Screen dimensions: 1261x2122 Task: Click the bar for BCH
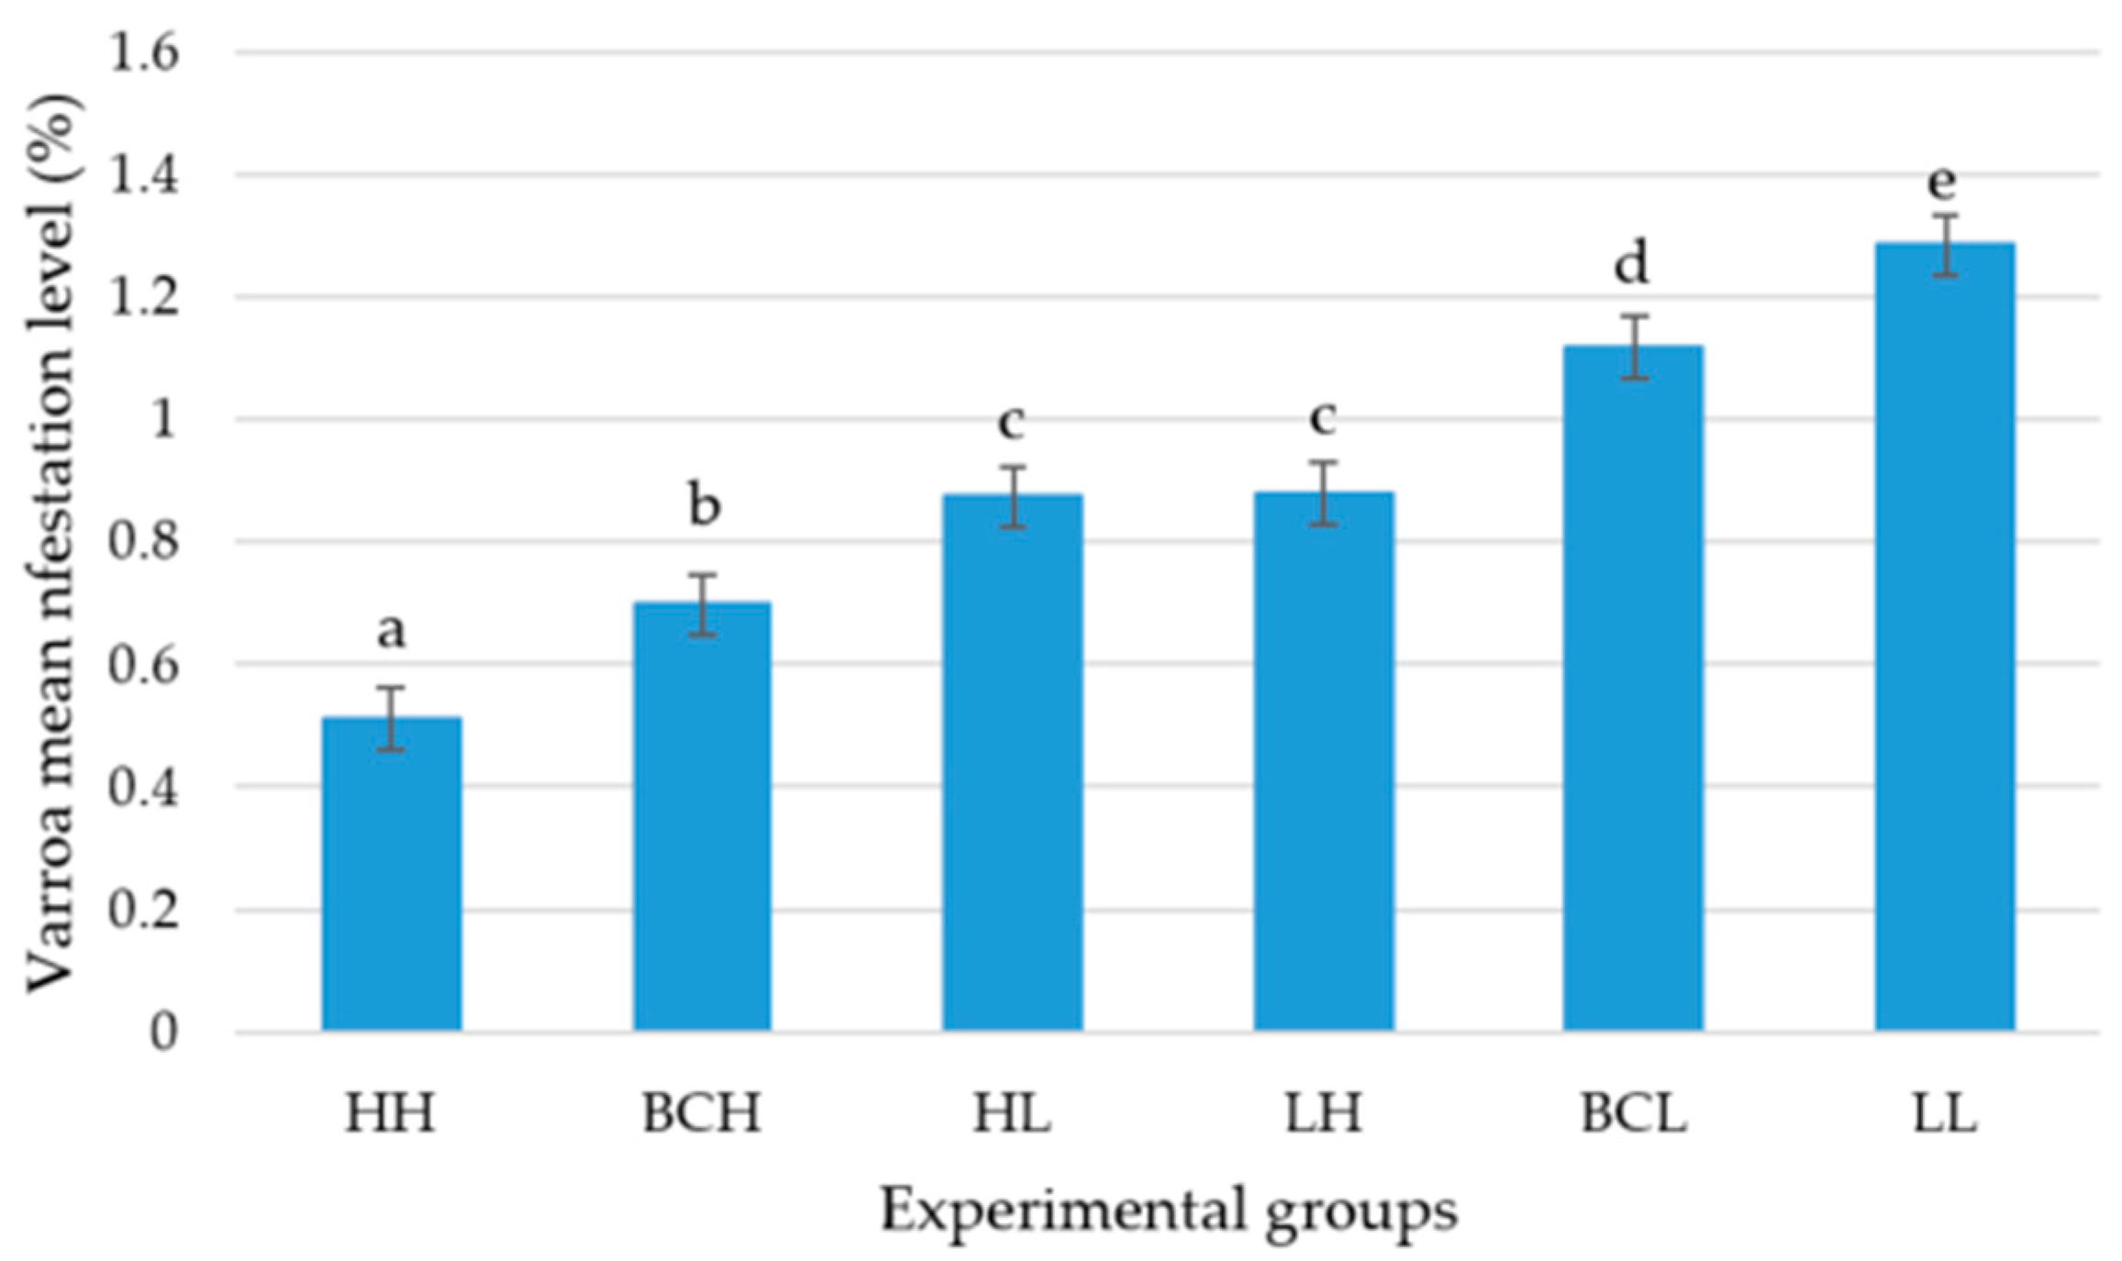702,816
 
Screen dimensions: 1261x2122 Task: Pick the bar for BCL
1633,688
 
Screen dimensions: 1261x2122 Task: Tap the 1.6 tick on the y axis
143,53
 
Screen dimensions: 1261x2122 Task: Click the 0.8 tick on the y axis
143,542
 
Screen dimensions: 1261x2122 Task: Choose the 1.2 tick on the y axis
143,297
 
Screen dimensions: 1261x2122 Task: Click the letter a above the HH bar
391,631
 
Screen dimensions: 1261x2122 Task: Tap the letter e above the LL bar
1942,183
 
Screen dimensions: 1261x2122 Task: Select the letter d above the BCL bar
1631,264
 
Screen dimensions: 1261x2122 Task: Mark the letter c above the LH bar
1322,418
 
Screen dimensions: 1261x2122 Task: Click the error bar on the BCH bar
703,604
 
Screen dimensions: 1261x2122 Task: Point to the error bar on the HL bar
1013,497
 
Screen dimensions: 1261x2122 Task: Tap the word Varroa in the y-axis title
50,917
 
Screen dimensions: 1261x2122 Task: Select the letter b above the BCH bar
704,504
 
